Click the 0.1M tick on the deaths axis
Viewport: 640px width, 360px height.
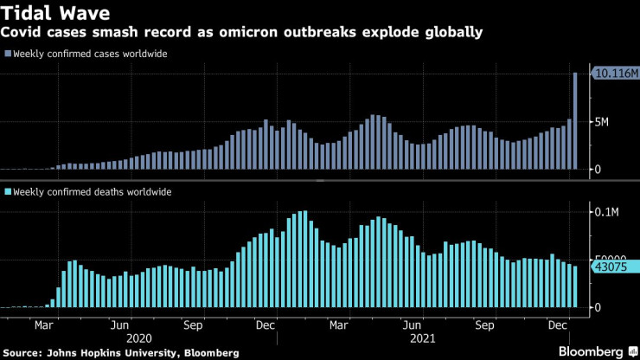pyautogui.click(x=607, y=211)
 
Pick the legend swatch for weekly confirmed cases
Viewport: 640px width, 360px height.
pyautogui.click(x=8, y=54)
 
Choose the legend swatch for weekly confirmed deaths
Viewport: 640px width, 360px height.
pyautogui.click(x=8, y=191)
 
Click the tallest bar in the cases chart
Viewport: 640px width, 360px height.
pyautogui.click(x=576, y=121)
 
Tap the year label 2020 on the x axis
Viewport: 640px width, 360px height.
pyautogui.click(x=138, y=339)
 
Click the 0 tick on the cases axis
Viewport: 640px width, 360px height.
pyautogui.click(x=595, y=170)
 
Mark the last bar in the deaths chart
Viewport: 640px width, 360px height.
pyautogui.click(x=576, y=286)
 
